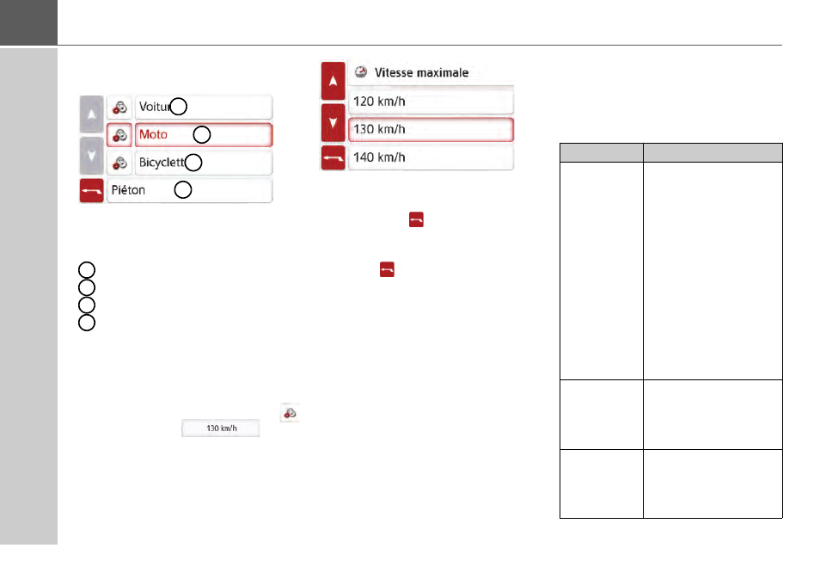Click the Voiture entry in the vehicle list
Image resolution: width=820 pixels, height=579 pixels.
click(x=204, y=107)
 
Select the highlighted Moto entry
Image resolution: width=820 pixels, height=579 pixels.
click(x=204, y=135)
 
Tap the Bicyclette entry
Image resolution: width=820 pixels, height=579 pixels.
click(x=204, y=163)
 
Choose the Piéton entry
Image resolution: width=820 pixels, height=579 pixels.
click(x=189, y=190)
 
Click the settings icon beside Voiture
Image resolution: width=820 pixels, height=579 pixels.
click(x=120, y=108)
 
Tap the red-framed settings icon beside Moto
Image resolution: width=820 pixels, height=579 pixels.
click(x=120, y=135)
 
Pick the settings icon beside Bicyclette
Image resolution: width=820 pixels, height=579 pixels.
click(x=120, y=163)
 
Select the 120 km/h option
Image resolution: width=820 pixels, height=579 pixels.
click(x=431, y=102)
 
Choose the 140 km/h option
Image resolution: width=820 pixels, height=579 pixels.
click(x=431, y=157)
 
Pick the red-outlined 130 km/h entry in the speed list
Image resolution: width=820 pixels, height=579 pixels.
click(x=431, y=130)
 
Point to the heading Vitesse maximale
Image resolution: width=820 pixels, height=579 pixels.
click(x=420, y=73)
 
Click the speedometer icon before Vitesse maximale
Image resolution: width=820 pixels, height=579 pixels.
click(x=362, y=73)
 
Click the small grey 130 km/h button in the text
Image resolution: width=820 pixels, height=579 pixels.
click(x=219, y=428)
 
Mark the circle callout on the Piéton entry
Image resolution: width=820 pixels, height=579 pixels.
click(x=182, y=190)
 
